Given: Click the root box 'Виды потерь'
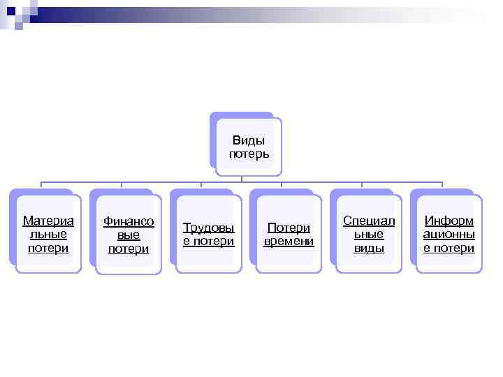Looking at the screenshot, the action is pyautogui.click(x=249, y=146).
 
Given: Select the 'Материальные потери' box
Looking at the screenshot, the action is pyautogui.click(x=48, y=234).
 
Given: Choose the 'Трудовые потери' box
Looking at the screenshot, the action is pyautogui.click(x=208, y=235).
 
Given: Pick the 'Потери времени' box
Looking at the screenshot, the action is pyautogui.click(x=289, y=235).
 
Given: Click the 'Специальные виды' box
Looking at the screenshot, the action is pyautogui.click(x=369, y=234).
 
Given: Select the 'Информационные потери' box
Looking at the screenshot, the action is pyautogui.click(x=449, y=234).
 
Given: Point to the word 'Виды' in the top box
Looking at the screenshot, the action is pyautogui.click(x=249, y=140).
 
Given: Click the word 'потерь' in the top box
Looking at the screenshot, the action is pyautogui.click(x=249, y=153).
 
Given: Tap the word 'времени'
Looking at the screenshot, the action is pyautogui.click(x=289, y=242).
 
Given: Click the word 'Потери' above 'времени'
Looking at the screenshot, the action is pyautogui.click(x=289, y=228).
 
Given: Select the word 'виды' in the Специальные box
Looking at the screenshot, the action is pyautogui.click(x=369, y=248).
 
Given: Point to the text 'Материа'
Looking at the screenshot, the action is pyautogui.click(x=48, y=221).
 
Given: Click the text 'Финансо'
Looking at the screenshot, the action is pyautogui.click(x=129, y=222).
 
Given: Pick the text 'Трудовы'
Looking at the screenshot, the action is pyautogui.click(x=208, y=228).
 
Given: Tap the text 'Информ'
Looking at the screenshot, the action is pyautogui.click(x=449, y=221).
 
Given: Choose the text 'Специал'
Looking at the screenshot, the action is pyautogui.click(x=369, y=221).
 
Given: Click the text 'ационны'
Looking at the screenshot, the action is pyautogui.click(x=449, y=234).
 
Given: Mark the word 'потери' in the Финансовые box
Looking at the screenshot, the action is pyautogui.click(x=129, y=249).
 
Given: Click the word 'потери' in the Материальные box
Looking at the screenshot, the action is pyautogui.click(x=48, y=248).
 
